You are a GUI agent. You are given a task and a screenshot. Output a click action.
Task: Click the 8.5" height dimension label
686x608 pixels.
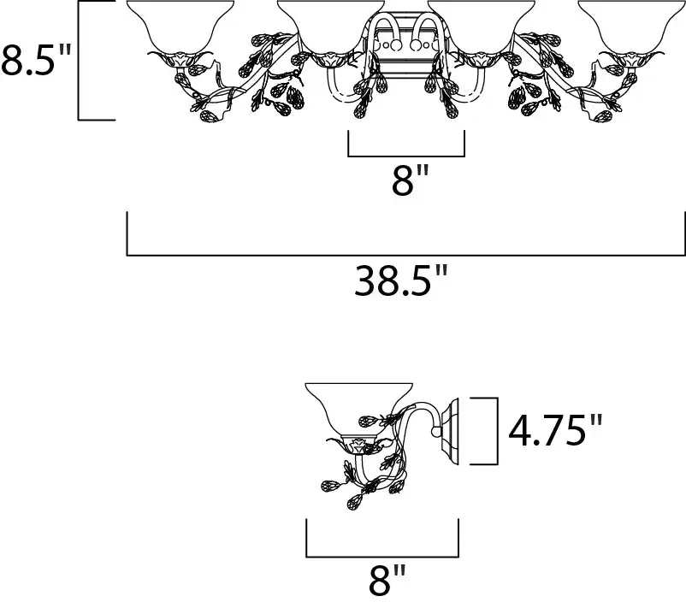36,60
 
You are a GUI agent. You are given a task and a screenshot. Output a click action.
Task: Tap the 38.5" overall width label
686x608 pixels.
401,280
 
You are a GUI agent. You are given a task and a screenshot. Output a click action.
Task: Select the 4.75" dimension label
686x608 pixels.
555,430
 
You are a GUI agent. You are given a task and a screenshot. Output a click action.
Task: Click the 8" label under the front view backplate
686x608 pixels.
409,180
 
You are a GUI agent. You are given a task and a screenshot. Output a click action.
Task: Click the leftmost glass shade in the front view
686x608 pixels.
180,27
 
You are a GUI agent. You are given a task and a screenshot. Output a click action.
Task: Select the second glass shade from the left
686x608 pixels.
331,27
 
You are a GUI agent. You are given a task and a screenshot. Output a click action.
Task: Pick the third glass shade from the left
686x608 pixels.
482,27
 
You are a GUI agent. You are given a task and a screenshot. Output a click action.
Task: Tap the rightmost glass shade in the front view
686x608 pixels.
632,27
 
